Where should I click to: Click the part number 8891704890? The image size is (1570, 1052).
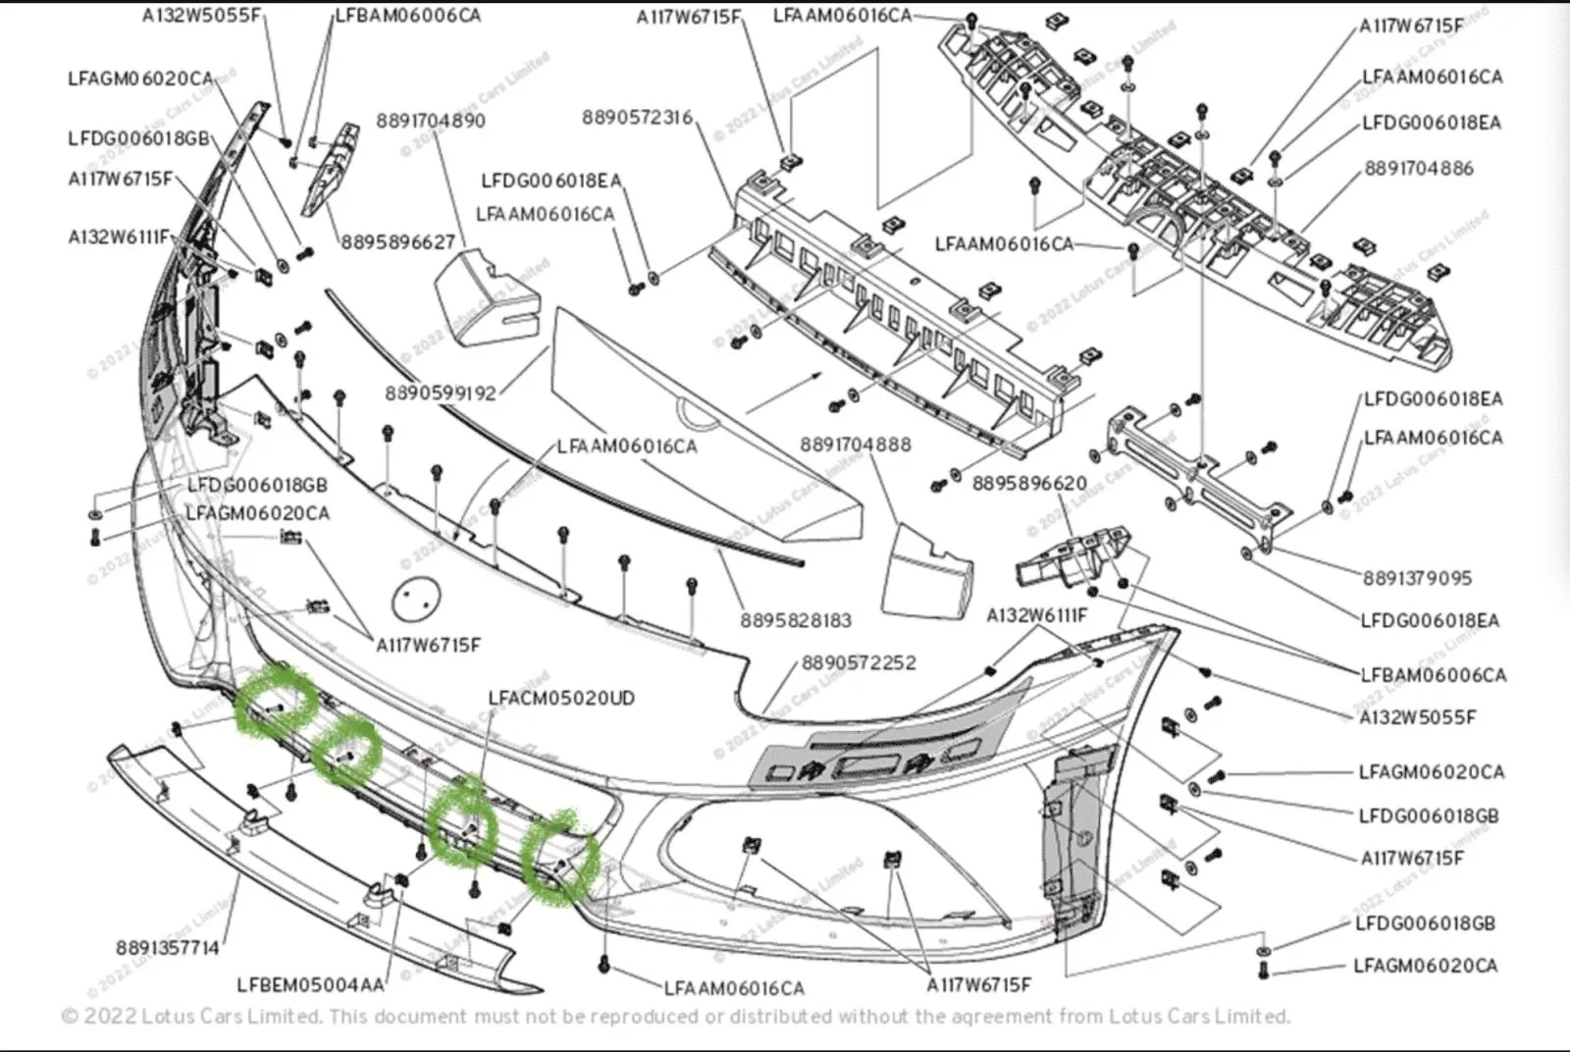click(x=430, y=121)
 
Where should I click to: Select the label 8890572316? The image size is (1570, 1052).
click(x=637, y=118)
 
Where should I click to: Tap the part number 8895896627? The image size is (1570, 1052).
click(x=398, y=241)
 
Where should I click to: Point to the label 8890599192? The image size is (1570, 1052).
click(x=441, y=394)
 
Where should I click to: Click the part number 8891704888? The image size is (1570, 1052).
click(x=855, y=445)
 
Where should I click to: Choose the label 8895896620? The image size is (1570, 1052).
click(x=1029, y=484)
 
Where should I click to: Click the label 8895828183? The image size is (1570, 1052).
click(x=796, y=620)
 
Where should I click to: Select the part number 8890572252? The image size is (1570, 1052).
click(x=859, y=663)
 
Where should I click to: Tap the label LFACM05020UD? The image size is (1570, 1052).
click(x=561, y=699)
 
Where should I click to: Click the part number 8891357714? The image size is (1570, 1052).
click(x=167, y=948)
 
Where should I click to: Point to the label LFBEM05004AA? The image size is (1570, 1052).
click(x=311, y=985)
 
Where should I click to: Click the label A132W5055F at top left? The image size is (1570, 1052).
click(x=203, y=16)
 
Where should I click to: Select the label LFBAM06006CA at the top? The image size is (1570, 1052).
click(x=408, y=16)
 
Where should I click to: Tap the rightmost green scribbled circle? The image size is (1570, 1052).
click(x=560, y=858)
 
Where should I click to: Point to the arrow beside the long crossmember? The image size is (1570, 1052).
click(x=784, y=391)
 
